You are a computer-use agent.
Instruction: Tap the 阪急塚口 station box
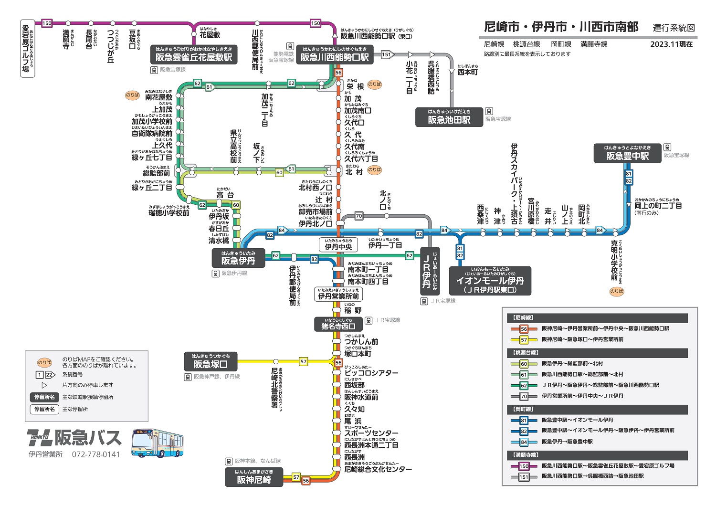[x=211, y=362]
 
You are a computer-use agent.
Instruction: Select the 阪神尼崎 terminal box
[x=254, y=477]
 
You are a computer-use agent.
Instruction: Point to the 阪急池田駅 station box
[x=449, y=117]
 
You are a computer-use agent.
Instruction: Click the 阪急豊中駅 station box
[x=627, y=154]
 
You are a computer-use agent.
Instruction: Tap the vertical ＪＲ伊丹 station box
[x=430, y=271]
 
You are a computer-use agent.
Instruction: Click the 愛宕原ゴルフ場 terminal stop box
[x=26, y=49]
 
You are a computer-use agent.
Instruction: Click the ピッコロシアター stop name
[x=371, y=373]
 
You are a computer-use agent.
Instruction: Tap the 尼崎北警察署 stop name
[x=275, y=388]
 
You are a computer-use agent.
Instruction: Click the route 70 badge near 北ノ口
[x=359, y=216]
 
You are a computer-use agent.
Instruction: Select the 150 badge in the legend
[x=524, y=466]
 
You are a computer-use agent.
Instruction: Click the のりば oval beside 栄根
[x=375, y=84]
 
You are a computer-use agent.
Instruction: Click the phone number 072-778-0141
[x=96, y=454]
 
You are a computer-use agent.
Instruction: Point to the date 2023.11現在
[x=671, y=44]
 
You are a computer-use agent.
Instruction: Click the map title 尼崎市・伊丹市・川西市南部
[x=561, y=27]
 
